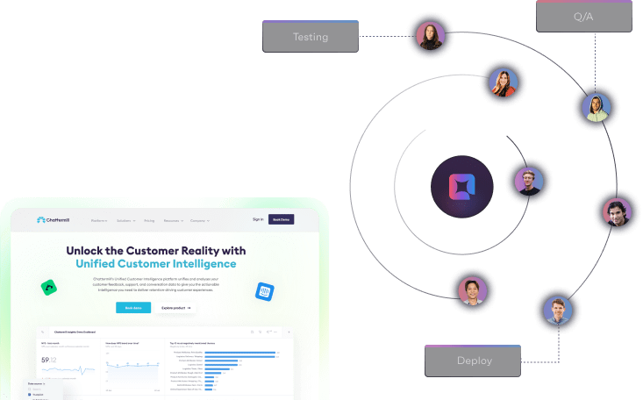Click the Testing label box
(x=311, y=37)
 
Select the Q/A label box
(x=584, y=17)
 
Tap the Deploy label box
(x=474, y=361)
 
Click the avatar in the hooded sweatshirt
(x=597, y=108)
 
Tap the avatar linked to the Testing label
(x=431, y=36)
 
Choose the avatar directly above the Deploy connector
(x=557, y=311)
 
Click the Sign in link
(x=257, y=219)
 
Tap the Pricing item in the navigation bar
(x=148, y=220)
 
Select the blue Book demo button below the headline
(x=132, y=308)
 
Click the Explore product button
(x=175, y=308)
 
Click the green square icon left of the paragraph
(x=49, y=288)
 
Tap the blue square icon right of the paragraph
(x=263, y=290)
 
